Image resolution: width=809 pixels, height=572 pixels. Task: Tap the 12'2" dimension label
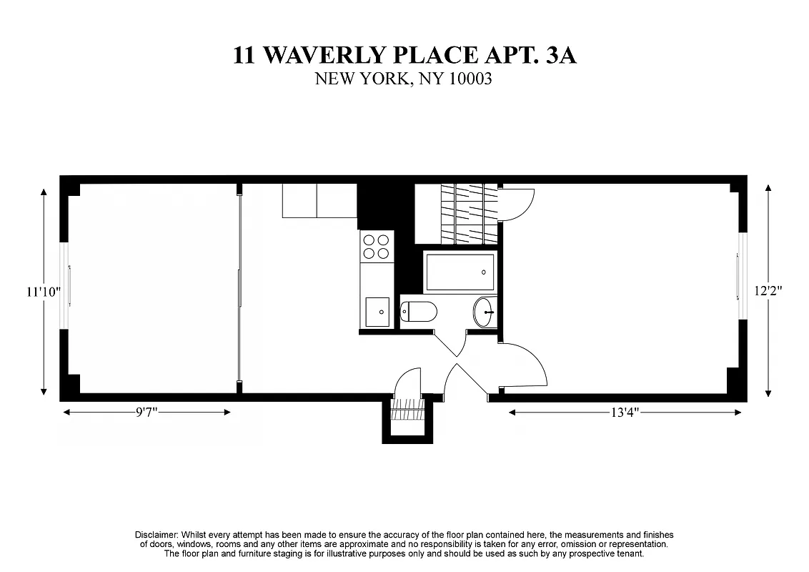click(x=769, y=291)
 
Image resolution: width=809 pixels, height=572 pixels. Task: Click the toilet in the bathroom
click(x=419, y=312)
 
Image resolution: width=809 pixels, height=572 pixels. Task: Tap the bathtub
click(x=460, y=272)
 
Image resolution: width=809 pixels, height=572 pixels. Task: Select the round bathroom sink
click(x=484, y=312)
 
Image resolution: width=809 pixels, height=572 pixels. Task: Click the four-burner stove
click(x=377, y=246)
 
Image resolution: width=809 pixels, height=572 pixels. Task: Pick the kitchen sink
click(x=377, y=312)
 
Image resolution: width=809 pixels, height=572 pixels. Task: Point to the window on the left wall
click(x=68, y=286)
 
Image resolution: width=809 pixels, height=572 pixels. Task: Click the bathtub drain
click(x=484, y=272)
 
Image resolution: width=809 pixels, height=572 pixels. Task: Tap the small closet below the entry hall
click(x=407, y=417)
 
